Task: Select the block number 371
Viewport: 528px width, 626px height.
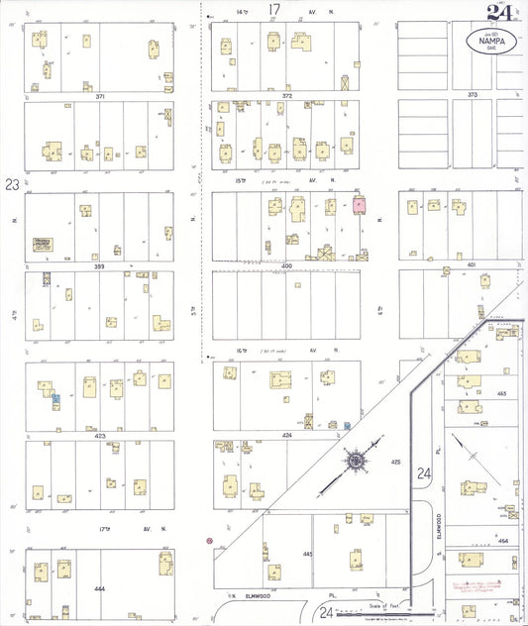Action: [x=99, y=96]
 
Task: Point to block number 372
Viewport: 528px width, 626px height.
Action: [x=286, y=96]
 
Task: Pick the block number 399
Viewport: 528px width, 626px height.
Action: [x=99, y=266]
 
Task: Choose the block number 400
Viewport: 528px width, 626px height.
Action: [x=287, y=266]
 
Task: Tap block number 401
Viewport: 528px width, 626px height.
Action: [x=472, y=265]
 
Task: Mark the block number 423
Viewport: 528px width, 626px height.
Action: [x=99, y=435]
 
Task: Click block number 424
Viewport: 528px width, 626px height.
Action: [x=287, y=435]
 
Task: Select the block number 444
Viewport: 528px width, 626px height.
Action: [x=99, y=588]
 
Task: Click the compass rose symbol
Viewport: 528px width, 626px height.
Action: [x=354, y=461]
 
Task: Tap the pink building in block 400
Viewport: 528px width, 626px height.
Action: [x=359, y=204]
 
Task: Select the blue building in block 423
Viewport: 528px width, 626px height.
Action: [x=56, y=398]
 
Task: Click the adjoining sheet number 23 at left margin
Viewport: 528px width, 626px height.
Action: [x=11, y=183]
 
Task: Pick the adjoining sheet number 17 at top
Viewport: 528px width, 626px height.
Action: [x=274, y=10]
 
